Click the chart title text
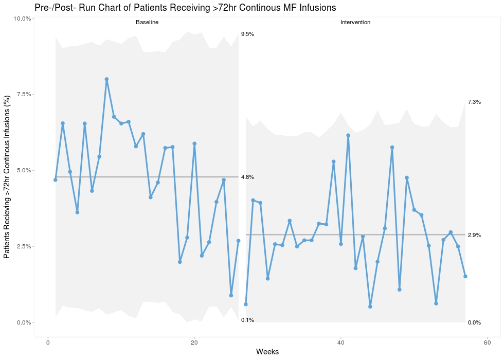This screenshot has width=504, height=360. [185, 8]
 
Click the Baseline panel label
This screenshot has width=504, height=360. [147, 23]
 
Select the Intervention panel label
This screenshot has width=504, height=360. [355, 23]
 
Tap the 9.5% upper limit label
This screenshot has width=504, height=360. [247, 34]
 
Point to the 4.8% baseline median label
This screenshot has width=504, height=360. [247, 177]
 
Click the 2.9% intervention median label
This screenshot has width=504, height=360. [474, 236]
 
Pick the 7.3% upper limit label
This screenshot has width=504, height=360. [474, 102]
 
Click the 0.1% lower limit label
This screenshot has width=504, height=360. [247, 320]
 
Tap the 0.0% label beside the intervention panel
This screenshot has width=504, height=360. [474, 323]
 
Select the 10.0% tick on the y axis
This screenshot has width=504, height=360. [23, 19]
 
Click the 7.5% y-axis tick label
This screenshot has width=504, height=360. [24, 95]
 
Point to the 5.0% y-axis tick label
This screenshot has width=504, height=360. [24, 171]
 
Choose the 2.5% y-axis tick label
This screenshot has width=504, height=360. [24, 247]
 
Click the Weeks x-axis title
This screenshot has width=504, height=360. [267, 352]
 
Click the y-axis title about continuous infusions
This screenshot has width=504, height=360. [7, 177]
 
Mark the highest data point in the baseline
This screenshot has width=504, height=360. [106, 79]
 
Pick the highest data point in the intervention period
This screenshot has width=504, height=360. [348, 135]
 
